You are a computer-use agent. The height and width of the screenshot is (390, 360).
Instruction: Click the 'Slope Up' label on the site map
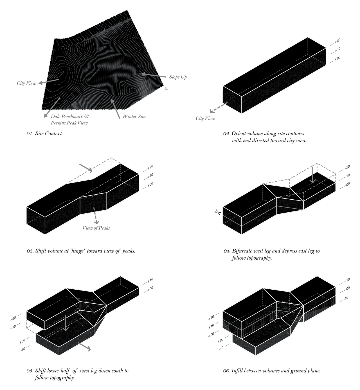point(178,77)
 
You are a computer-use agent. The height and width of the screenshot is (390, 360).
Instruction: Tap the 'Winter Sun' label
point(134,116)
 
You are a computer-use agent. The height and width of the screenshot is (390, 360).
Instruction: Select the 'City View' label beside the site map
point(26,83)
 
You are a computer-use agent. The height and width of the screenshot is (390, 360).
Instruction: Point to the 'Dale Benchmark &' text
point(69,116)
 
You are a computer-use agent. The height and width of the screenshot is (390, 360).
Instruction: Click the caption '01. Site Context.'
point(45,134)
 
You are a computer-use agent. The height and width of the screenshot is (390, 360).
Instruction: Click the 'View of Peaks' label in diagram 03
point(96,228)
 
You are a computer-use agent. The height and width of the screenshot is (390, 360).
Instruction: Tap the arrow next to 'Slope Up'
point(154,75)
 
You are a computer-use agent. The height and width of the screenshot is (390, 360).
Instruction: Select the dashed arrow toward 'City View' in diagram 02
point(218,108)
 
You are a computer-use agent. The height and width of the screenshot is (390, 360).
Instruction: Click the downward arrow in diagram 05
point(65,323)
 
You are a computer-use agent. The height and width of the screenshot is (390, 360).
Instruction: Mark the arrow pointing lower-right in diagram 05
point(84,346)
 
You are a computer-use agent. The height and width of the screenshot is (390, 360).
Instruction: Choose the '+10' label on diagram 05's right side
point(150,280)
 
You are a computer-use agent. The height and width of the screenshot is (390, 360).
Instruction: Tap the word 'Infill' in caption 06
point(237,371)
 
